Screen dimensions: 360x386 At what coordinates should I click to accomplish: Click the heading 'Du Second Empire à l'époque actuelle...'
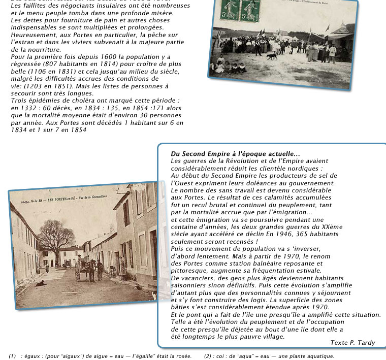pyautogui.click(x=235, y=154)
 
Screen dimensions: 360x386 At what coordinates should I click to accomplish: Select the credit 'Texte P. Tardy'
pyautogui.click(x=352, y=343)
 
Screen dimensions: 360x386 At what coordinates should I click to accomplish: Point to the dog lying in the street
pyautogui.click(x=40, y=282)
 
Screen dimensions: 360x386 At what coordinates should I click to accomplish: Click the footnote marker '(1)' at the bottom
pyautogui.click(x=13, y=356)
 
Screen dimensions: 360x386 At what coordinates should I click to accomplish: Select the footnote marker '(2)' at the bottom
pyautogui.click(x=208, y=356)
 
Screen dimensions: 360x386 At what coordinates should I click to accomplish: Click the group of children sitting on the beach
pyautogui.click(x=231, y=66)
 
